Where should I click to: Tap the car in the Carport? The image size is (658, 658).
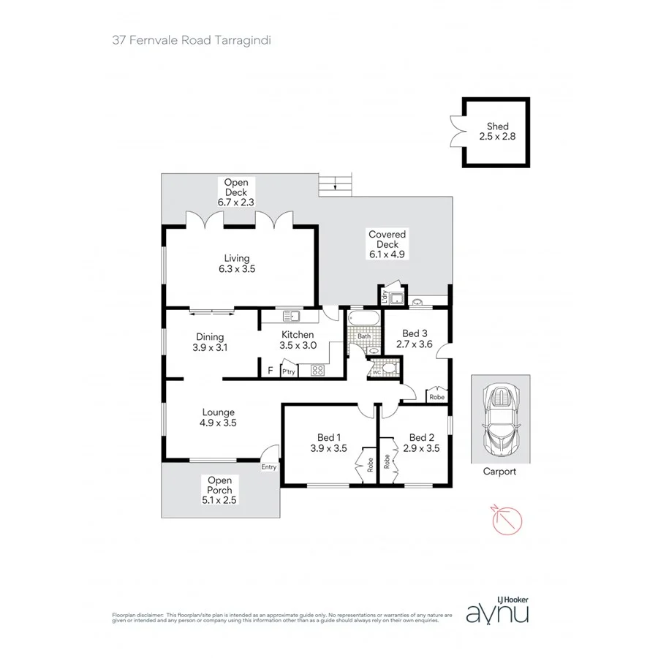pos(499,419)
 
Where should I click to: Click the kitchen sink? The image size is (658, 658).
pos(292,317)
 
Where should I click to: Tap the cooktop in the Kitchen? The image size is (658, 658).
pos(318,371)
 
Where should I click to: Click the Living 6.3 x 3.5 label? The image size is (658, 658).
pos(237,263)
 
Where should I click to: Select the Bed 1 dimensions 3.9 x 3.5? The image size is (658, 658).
pos(328,449)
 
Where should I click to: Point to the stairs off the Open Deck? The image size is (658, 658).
pos(336,184)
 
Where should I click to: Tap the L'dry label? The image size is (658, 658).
pos(384,295)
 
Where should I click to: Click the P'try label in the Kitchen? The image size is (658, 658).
pos(289,371)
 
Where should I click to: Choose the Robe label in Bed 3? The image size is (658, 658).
pos(437,397)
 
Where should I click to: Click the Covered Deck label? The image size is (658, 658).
pos(387,244)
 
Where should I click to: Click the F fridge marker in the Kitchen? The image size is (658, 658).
pos(270,371)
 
